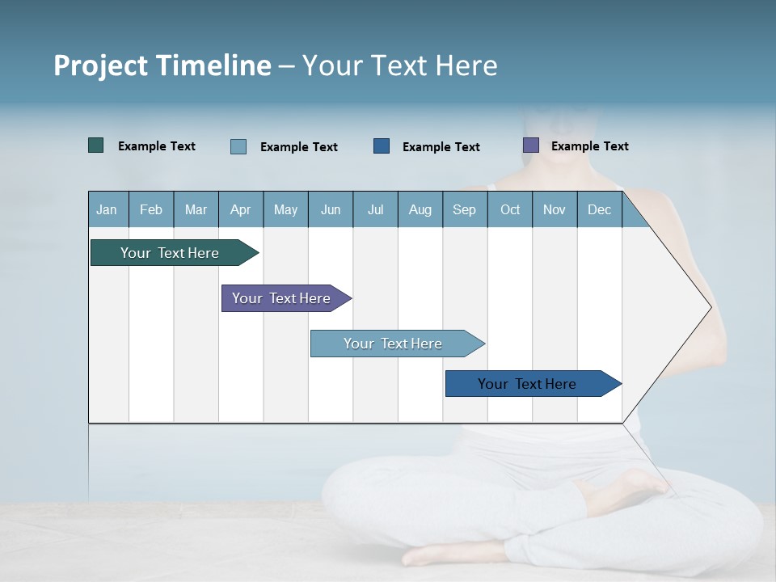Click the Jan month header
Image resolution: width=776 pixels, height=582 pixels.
[x=108, y=209]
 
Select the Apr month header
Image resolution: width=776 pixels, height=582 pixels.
[x=241, y=209]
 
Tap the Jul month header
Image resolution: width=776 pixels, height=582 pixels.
[x=375, y=209]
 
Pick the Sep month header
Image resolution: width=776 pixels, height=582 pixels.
[x=464, y=209]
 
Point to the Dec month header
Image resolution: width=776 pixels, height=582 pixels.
[x=599, y=209]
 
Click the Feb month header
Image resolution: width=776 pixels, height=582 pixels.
[x=151, y=209]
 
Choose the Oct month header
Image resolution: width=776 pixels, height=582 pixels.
[x=510, y=209]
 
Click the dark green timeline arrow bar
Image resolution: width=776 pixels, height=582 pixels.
[x=170, y=253]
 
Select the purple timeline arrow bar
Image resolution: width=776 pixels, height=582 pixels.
[x=281, y=298]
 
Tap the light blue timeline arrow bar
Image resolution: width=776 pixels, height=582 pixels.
[x=393, y=344]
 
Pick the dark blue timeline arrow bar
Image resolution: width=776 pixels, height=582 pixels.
[x=527, y=384]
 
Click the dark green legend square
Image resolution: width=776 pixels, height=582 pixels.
[x=96, y=145]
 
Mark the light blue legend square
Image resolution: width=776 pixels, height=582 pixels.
[x=238, y=146]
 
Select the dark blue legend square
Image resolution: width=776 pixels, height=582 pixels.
[x=382, y=145]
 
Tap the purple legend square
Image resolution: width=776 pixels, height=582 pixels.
[x=531, y=145]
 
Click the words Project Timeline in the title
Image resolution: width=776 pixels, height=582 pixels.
[x=162, y=65]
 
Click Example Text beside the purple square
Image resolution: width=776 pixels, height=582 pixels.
[x=589, y=145]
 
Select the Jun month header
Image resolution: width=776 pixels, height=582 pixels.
[x=331, y=209]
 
